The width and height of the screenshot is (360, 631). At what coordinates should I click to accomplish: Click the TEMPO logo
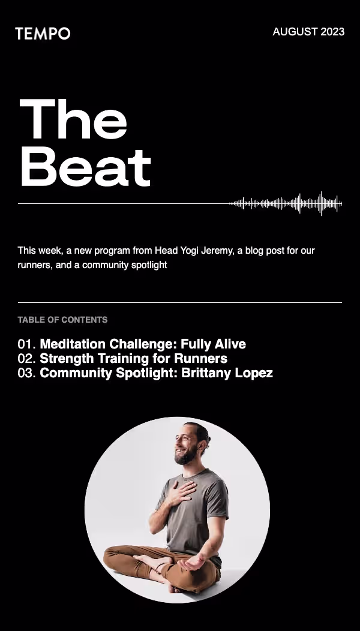click(43, 34)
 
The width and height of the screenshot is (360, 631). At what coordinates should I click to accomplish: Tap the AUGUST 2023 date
click(308, 32)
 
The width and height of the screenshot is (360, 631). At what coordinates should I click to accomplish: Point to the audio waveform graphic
click(286, 204)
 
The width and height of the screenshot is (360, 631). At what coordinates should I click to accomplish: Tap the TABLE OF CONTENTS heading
click(62, 320)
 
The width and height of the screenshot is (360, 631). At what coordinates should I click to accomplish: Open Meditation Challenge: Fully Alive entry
click(143, 344)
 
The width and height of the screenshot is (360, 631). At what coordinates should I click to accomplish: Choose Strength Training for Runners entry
click(133, 359)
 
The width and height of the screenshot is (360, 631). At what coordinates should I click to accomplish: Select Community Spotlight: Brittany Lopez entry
click(156, 373)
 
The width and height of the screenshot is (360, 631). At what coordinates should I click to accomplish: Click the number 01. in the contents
click(27, 344)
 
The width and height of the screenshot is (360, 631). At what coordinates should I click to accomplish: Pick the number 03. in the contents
click(27, 373)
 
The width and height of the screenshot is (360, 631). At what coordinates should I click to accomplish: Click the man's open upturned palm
click(194, 564)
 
